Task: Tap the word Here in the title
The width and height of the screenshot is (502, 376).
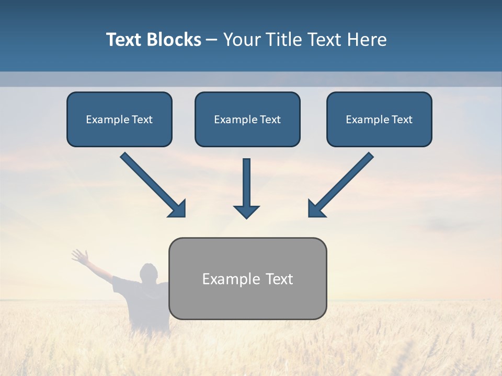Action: point(367,40)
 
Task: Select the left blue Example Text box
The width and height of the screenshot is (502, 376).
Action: point(119,120)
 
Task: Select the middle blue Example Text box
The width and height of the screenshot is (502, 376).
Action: point(247,120)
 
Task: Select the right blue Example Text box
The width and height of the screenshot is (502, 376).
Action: point(379,120)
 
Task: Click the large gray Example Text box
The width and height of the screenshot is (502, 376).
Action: point(247,278)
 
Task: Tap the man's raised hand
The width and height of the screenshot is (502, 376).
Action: point(79,256)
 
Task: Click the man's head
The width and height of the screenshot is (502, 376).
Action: point(149,273)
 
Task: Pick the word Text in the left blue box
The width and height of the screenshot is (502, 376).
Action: point(142,120)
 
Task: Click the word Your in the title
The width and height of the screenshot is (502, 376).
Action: point(241,40)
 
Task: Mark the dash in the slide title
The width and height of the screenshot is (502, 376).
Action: point(212,40)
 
